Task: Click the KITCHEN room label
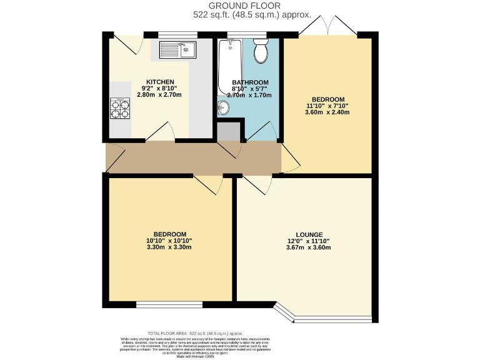(160, 82)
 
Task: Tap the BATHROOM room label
(250, 82)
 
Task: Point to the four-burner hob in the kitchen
(120, 109)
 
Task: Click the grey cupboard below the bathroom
(229, 131)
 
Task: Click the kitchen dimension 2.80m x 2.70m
(160, 95)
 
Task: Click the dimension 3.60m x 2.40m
(327, 112)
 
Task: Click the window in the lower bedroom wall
(169, 304)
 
